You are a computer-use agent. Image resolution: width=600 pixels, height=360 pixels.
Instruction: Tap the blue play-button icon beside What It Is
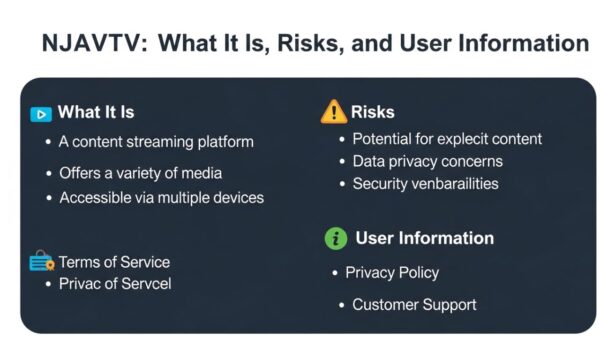[x=41, y=113]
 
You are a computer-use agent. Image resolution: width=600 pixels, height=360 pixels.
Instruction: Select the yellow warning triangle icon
[x=333, y=112]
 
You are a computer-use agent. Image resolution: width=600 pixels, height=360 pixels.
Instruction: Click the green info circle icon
[x=336, y=238]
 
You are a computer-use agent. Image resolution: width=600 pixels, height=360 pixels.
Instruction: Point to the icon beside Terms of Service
[x=41, y=263]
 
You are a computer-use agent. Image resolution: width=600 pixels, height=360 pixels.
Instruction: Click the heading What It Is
[x=96, y=112]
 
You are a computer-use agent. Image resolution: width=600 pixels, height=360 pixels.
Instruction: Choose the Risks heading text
[x=373, y=112]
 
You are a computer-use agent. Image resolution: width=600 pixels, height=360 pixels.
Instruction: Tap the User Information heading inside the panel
[x=425, y=238]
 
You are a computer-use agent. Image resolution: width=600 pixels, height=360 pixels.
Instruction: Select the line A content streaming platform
[x=156, y=142]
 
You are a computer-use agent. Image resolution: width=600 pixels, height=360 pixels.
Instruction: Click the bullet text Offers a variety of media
[x=140, y=173]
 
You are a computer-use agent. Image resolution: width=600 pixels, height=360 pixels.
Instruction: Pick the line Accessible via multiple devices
[x=161, y=198]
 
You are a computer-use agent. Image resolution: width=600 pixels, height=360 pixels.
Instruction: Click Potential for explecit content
[x=447, y=139]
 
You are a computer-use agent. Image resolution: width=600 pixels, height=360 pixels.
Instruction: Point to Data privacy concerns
[x=427, y=161]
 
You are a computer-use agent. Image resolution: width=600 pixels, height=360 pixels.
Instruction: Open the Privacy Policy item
[x=392, y=272]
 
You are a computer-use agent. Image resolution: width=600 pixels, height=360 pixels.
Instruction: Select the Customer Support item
[x=414, y=304]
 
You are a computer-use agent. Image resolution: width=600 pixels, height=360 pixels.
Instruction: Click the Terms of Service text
[x=114, y=262]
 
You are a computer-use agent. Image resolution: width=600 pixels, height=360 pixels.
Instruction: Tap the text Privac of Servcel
[x=115, y=284]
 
